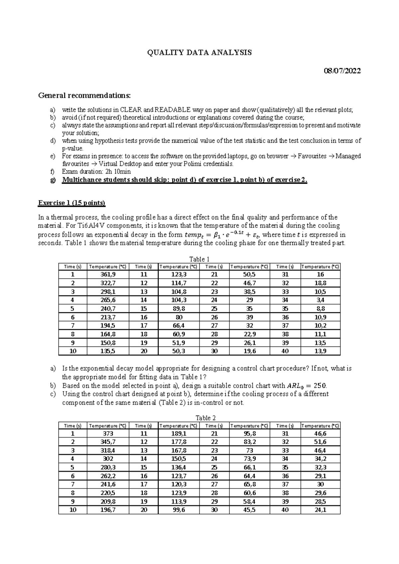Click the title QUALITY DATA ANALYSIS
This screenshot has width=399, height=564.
click(x=199, y=53)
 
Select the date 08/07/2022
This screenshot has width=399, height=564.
click(x=342, y=71)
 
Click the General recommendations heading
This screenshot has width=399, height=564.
click(x=84, y=96)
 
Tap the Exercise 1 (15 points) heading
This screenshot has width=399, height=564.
click(x=72, y=203)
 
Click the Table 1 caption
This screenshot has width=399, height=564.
click(x=199, y=259)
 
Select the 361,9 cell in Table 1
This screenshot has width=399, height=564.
click(x=108, y=275)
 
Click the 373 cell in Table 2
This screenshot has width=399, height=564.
click(x=108, y=434)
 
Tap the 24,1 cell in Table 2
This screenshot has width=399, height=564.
click(x=320, y=510)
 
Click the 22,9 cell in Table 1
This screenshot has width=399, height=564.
click(x=249, y=334)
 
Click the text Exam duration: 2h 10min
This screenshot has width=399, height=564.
click(x=96, y=172)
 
